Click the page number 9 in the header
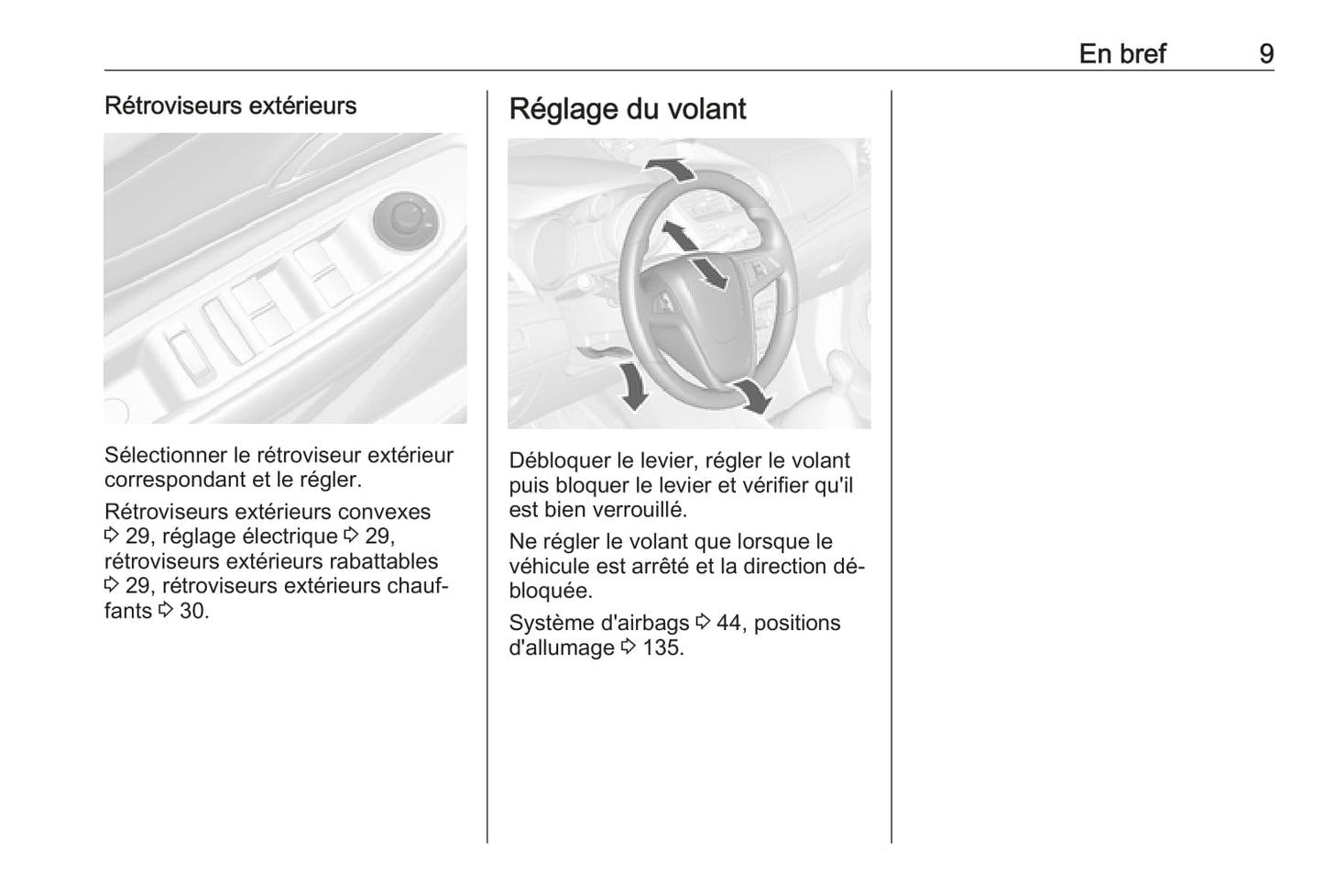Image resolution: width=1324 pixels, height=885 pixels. click(1266, 54)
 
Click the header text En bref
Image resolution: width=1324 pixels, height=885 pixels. click(1122, 54)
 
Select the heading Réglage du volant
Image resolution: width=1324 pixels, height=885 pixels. click(627, 109)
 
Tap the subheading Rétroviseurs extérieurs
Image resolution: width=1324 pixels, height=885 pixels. click(231, 105)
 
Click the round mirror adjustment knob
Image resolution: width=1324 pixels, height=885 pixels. click(406, 221)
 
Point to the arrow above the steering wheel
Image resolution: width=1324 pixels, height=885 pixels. click(670, 169)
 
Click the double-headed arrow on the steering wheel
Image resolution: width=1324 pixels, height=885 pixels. click(694, 256)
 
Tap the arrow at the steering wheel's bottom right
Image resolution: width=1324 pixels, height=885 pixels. click(752, 396)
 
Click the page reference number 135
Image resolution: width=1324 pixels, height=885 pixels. click(662, 647)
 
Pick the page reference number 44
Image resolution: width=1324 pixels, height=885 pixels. click(728, 623)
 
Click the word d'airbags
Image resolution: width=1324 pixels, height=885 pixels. click(644, 624)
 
